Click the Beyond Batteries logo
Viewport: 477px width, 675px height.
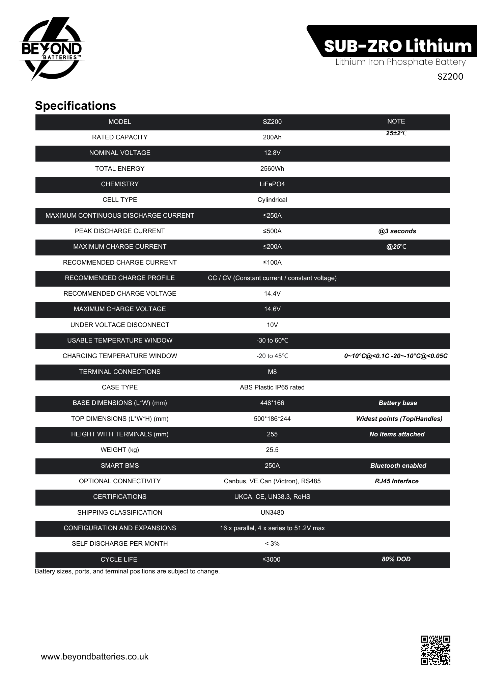(x=52, y=49)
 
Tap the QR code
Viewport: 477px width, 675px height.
(x=435, y=650)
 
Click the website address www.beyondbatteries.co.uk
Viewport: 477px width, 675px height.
(x=94, y=656)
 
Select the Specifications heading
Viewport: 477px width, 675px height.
(x=76, y=106)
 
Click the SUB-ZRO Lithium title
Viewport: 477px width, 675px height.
(x=398, y=46)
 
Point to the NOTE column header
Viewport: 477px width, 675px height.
(x=396, y=122)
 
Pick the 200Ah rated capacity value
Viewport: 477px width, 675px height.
(x=272, y=137)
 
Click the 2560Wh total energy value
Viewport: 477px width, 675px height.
(x=272, y=169)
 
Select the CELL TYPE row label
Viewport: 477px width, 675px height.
(x=120, y=200)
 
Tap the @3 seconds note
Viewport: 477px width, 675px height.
(x=397, y=231)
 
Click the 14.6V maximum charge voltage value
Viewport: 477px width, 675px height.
(x=272, y=309)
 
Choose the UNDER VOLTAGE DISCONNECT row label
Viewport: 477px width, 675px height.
(x=120, y=325)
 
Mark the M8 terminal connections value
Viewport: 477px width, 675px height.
(x=272, y=372)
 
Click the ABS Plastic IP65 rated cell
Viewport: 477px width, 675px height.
(x=272, y=387)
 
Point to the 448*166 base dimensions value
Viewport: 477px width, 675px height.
(x=272, y=403)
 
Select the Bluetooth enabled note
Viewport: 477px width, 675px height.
(x=398, y=466)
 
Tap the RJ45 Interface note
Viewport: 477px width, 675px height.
(x=396, y=481)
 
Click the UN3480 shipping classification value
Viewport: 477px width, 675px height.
(x=272, y=513)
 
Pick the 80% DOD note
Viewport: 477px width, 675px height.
(x=396, y=559)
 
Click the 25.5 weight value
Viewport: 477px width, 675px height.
(x=272, y=450)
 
